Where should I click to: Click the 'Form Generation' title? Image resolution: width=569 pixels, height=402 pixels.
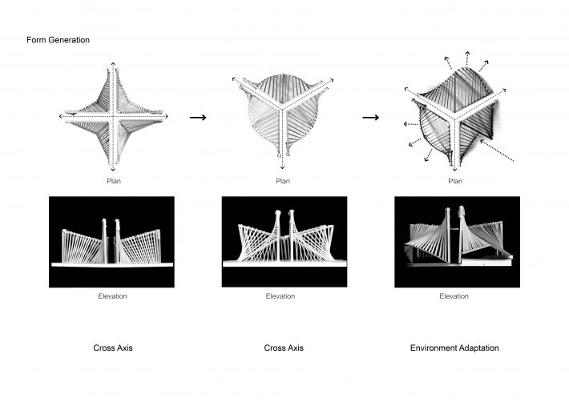pos(58,40)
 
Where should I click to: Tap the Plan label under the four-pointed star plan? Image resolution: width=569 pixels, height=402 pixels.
pos(114,181)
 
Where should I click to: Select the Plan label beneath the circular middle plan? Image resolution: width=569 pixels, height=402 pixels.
pos(283,181)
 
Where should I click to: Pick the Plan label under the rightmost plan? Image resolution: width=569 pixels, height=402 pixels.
pos(455,181)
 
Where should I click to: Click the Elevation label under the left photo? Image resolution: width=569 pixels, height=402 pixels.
pos(112,296)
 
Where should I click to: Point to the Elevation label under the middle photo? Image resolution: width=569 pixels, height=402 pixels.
pos(280,296)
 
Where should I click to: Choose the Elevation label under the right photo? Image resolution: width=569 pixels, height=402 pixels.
pos(454,296)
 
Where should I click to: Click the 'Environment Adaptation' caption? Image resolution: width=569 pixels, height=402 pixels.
pos(454,348)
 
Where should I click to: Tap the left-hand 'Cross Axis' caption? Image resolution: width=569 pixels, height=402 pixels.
pos(113,348)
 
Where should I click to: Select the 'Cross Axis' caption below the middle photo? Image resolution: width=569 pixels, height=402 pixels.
pos(284,348)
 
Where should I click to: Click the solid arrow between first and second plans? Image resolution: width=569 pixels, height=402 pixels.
pos(198,118)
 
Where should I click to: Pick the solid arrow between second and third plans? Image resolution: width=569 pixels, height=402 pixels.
pos(371,118)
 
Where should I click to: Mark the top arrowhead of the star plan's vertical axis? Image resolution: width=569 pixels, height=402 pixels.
pos(113,64)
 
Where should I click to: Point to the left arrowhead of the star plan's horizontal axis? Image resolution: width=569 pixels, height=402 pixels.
pos(61,116)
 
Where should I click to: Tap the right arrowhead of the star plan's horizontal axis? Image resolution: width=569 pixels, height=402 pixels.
pos(166,116)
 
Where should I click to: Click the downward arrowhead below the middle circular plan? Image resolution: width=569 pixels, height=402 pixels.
pos(282,167)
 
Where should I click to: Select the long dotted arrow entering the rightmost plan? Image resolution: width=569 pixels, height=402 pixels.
pos(497,151)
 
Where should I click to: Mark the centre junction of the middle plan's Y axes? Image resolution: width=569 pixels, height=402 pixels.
pos(282,107)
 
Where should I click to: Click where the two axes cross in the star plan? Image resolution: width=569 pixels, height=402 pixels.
pos(113,116)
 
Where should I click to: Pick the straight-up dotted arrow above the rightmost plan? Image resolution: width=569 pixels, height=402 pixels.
pos(467,58)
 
